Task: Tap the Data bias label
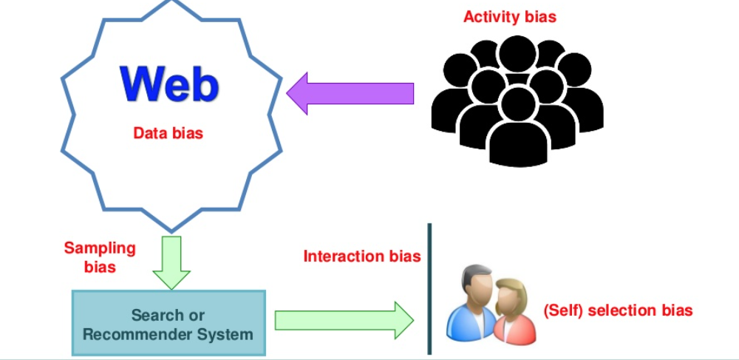point(168,134)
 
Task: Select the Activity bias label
point(511,16)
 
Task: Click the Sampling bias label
point(100,257)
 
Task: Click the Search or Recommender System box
point(168,325)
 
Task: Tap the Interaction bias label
point(362,257)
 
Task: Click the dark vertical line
point(429,288)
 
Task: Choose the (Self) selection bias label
point(618,310)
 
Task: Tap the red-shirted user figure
point(513,314)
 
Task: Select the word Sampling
point(100,248)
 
